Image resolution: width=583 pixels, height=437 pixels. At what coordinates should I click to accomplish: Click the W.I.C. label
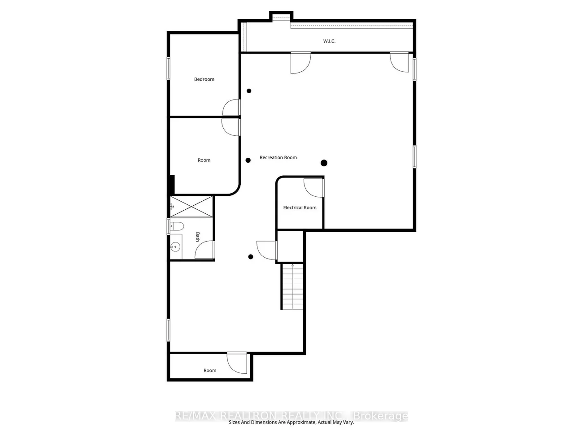click(329, 41)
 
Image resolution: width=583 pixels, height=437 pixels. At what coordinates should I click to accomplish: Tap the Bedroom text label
click(204, 79)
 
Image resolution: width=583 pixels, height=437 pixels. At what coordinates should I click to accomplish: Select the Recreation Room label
click(278, 158)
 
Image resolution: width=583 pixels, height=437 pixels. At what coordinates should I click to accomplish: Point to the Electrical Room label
click(300, 208)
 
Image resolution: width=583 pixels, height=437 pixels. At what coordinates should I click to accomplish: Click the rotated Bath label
click(197, 237)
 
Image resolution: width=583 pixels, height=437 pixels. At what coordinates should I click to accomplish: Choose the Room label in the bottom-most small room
click(210, 371)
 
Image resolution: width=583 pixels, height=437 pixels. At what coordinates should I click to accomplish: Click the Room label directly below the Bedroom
click(204, 160)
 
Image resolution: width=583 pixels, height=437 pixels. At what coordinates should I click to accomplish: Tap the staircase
click(292, 287)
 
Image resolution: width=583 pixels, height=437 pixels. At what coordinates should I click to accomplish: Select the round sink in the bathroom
click(175, 247)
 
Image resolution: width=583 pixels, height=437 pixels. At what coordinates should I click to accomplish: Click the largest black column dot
click(324, 163)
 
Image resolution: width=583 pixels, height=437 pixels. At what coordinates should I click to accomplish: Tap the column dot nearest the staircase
click(251, 257)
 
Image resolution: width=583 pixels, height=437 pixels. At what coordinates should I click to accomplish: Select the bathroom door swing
click(205, 250)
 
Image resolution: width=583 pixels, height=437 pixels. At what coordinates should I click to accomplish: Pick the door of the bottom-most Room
click(237, 363)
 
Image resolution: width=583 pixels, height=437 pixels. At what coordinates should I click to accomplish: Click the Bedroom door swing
click(231, 107)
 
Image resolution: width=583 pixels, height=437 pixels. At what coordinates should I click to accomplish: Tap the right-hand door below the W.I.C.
click(400, 62)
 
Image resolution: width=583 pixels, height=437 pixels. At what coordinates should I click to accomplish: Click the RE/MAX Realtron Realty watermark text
click(291, 416)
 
